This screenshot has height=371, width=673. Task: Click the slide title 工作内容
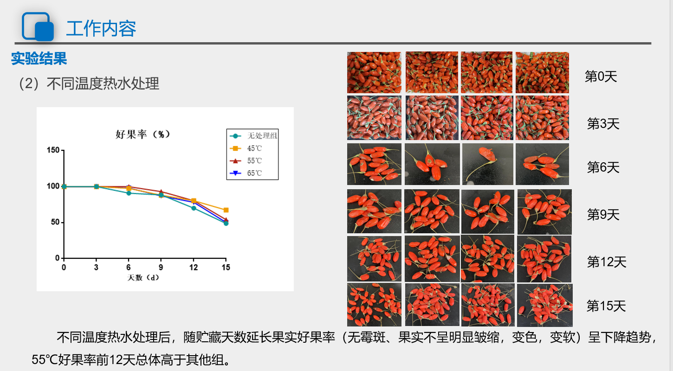(101, 28)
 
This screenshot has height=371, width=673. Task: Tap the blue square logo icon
(38, 26)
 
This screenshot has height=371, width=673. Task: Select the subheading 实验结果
(39, 58)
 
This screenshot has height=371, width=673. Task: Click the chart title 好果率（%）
(143, 134)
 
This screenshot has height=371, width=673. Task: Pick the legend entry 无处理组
(253, 136)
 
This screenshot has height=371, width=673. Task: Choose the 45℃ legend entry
(246, 148)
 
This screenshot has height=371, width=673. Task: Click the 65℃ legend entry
(246, 173)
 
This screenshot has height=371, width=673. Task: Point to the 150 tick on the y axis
(53, 150)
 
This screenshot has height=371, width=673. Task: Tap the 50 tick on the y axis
(55, 222)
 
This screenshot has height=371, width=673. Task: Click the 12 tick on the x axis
(194, 268)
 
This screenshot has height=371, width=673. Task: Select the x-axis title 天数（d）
(143, 278)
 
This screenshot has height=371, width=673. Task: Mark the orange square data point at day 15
(226, 210)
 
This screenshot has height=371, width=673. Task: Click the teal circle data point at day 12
(194, 208)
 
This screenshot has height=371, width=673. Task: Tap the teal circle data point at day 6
(129, 193)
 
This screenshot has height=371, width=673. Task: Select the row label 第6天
(603, 167)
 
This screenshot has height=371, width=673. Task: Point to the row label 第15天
(606, 306)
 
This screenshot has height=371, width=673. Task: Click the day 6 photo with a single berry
(487, 164)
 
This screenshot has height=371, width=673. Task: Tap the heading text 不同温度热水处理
(103, 84)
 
